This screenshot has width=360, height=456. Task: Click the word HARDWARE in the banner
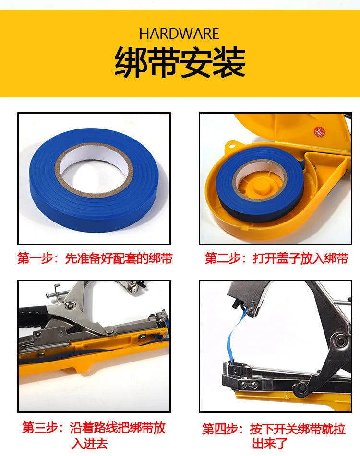[179, 34]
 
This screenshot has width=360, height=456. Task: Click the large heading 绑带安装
[180, 62]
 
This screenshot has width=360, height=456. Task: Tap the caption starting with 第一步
[95, 258]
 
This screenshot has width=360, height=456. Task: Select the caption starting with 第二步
[276, 258]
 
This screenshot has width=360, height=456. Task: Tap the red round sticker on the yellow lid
[319, 132]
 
